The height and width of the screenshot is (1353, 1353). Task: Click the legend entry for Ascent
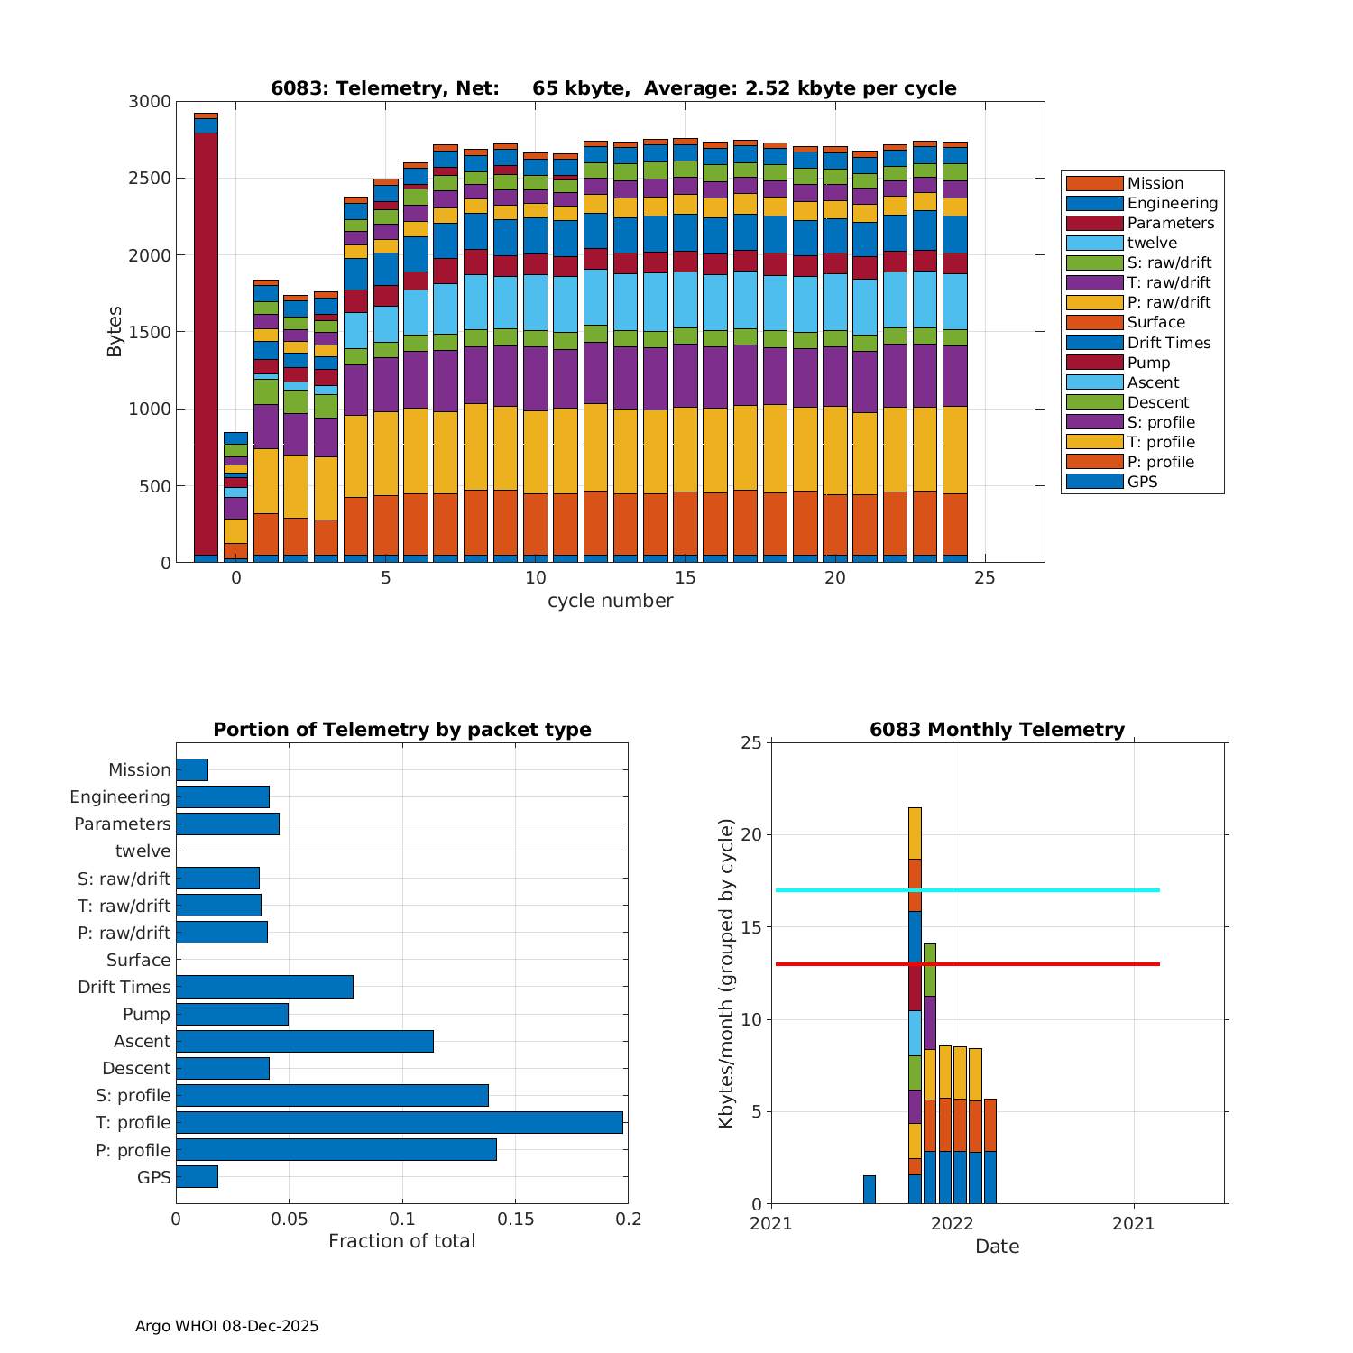click(x=1153, y=382)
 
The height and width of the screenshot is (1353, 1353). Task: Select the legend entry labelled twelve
click(x=1152, y=243)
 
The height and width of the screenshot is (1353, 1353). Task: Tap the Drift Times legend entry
click(x=1169, y=343)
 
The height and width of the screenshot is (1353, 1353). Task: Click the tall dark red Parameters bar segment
click(x=206, y=343)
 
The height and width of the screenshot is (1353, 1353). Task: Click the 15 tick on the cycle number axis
click(x=686, y=577)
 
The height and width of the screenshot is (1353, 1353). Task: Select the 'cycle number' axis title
click(x=610, y=601)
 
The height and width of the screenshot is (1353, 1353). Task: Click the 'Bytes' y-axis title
click(x=115, y=332)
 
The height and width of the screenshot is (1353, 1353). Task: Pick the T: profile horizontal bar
click(x=399, y=1122)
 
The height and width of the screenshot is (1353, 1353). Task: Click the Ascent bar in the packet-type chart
click(x=304, y=1041)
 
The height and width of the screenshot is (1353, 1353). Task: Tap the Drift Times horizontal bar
click(x=264, y=987)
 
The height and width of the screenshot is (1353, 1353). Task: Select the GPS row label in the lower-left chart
click(x=154, y=1177)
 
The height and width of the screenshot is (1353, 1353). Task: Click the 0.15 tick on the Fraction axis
click(x=515, y=1220)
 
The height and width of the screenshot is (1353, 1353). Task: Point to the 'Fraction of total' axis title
click(x=401, y=1241)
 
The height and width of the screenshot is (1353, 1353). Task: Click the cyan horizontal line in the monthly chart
click(x=1037, y=890)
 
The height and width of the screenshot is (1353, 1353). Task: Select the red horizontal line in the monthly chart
click(x=1037, y=964)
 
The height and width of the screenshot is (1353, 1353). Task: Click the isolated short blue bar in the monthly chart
click(x=870, y=1190)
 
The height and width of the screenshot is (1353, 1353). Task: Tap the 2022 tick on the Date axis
click(x=953, y=1223)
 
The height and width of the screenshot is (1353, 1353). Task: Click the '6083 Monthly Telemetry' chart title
click(x=997, y=730)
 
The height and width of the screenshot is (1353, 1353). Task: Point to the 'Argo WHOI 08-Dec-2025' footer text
click(x=226, y=1326)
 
